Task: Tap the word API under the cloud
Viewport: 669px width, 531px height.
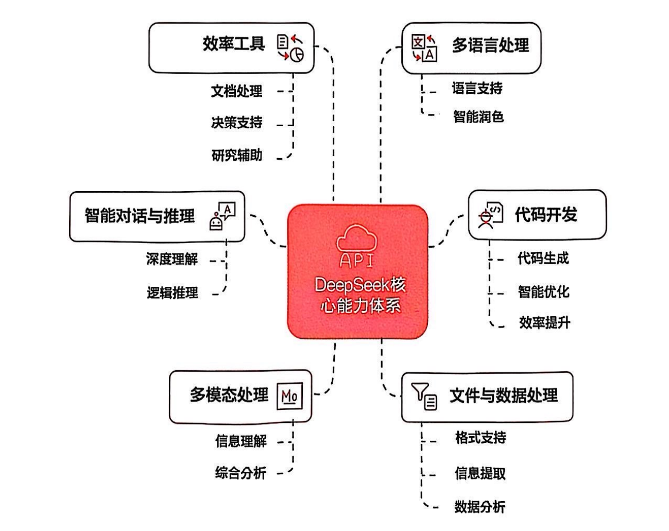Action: [x=356, y=260]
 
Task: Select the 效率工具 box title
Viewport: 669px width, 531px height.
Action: [x=233, y=44]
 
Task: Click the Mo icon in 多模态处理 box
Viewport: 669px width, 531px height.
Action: [x=289, y=396]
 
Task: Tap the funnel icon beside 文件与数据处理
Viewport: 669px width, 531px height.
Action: [x=424, y=396]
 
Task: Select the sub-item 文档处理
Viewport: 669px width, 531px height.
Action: [x=236, y=91]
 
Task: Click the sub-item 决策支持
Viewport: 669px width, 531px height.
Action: [x=236, y=123]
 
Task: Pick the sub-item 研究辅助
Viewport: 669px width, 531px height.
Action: [x=236, y=155]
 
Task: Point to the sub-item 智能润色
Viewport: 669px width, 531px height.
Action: [x=478, y=117]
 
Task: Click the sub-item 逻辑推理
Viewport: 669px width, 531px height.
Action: [x=172, y=293]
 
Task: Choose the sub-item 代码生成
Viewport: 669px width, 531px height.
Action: [x=543, y=258]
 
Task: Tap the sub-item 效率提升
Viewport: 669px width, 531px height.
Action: [x=544, y=323]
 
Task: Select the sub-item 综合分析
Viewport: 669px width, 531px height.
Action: [x=241, y=473]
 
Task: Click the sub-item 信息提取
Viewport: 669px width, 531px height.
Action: [x=480, y=473]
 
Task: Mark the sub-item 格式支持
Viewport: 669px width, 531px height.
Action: [x=480, y=438]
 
